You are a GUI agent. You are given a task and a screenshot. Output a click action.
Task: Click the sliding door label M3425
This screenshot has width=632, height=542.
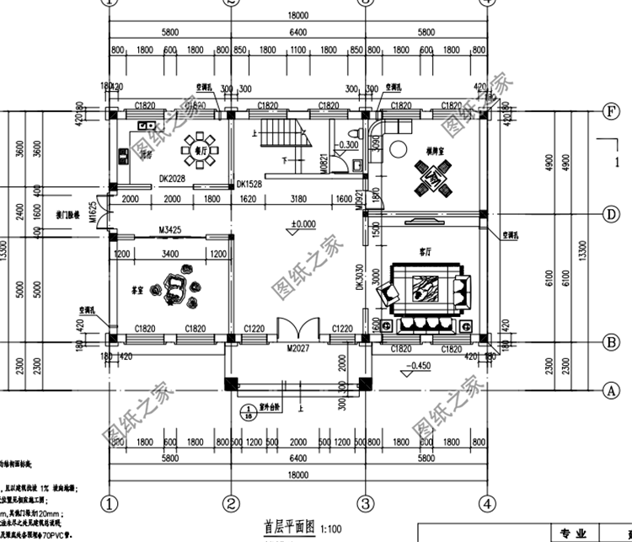click(x=171, y=229)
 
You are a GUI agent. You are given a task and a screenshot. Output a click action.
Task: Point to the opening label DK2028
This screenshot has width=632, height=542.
click(x=172, y=178)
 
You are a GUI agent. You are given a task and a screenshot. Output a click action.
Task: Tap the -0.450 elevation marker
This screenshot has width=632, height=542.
click(x=419, y=365)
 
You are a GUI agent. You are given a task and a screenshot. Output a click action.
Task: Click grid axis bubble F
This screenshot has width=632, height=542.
click(x=608, y=111)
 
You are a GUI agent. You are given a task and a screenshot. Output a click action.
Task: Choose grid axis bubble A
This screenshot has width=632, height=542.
click(x=608, y=389)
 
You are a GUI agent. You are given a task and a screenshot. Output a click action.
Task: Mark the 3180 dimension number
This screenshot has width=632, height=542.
click(x=298, y=199)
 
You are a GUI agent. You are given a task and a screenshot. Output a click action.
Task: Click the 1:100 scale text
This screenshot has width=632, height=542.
click(x=329, y=528)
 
